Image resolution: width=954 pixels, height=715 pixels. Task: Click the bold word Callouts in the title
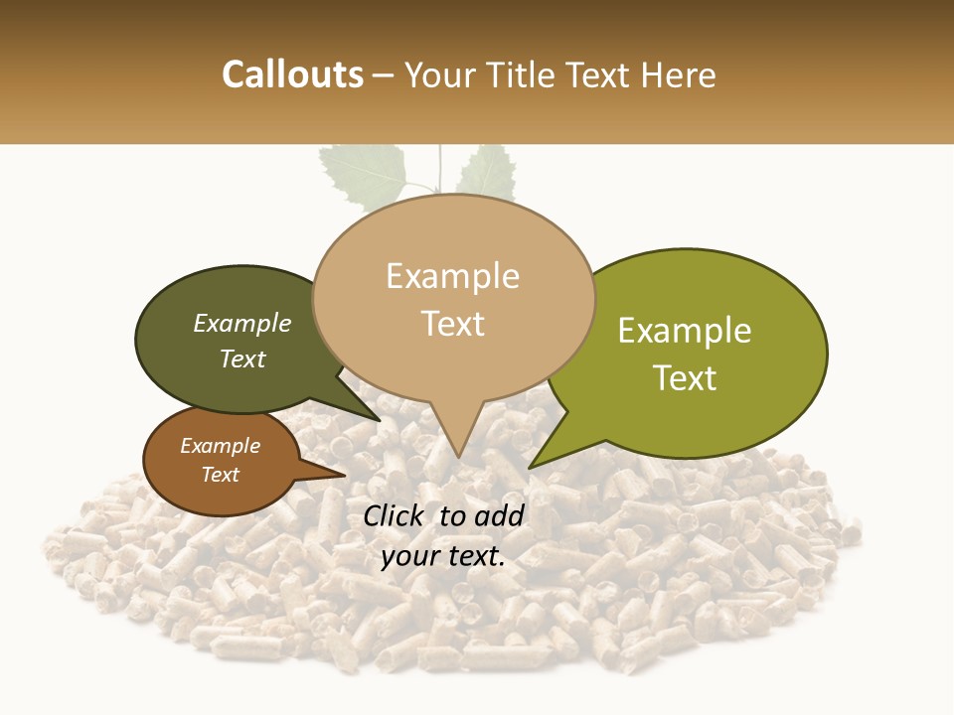point(292,74)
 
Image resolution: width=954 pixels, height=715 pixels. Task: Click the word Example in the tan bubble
point(452,276)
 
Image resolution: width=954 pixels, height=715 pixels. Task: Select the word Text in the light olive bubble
point(686,378)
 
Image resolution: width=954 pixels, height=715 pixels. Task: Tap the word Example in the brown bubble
point(220,447)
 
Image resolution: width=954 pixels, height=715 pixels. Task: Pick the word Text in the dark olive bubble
point(242,358)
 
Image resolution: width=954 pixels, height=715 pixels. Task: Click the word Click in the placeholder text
point(394,515)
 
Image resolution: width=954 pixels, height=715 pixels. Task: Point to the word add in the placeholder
point(500,515)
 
